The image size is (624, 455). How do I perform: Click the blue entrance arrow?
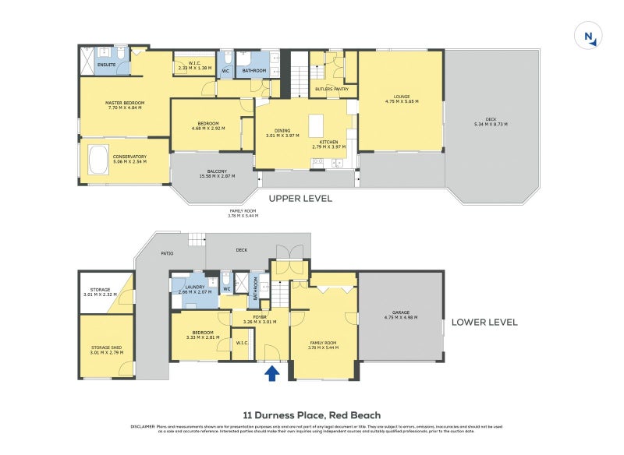point(271,374)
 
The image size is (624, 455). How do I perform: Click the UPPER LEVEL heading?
point(300,199)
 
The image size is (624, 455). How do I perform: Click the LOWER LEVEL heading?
point(484,322)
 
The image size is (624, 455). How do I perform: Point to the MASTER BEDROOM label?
point(125,103)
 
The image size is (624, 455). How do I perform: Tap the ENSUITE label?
point(107,64)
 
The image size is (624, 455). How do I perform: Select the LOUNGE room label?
point(402,97)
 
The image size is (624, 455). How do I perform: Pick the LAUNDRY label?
point(194,287)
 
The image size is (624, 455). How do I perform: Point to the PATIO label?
point(166,253)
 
